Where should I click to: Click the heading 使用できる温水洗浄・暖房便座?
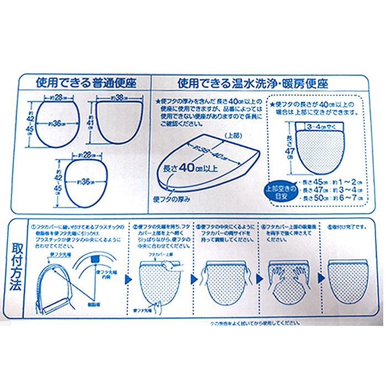pyautogui.click(x=253, y=84)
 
